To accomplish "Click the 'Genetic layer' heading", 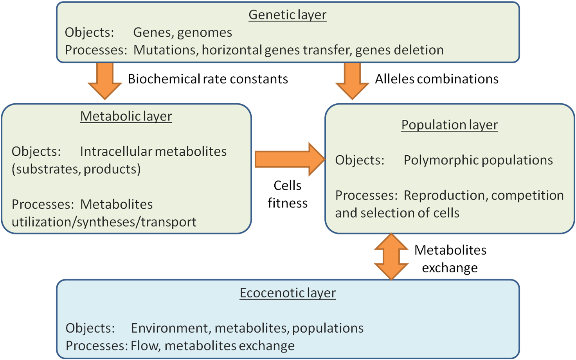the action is tap(288, 15).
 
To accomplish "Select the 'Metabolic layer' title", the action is tap(126, 117).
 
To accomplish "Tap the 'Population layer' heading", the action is tap(450, 125).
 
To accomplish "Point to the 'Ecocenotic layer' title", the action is tap(288, 293).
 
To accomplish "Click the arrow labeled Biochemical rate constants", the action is tap(105, 81).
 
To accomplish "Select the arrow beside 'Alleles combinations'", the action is tap(352, 81).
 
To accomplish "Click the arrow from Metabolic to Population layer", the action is tap(290, 159).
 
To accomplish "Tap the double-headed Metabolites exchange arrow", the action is tap(391, 256).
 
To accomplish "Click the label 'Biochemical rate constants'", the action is tap(208, 79).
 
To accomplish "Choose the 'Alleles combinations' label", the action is tap(437, 79).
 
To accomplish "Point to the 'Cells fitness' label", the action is tap(288, 194).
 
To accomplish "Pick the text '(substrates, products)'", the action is tap(76, 169).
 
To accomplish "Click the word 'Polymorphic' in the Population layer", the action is tap(441, 160).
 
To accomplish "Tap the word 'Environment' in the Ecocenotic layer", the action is tap(171, 328).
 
